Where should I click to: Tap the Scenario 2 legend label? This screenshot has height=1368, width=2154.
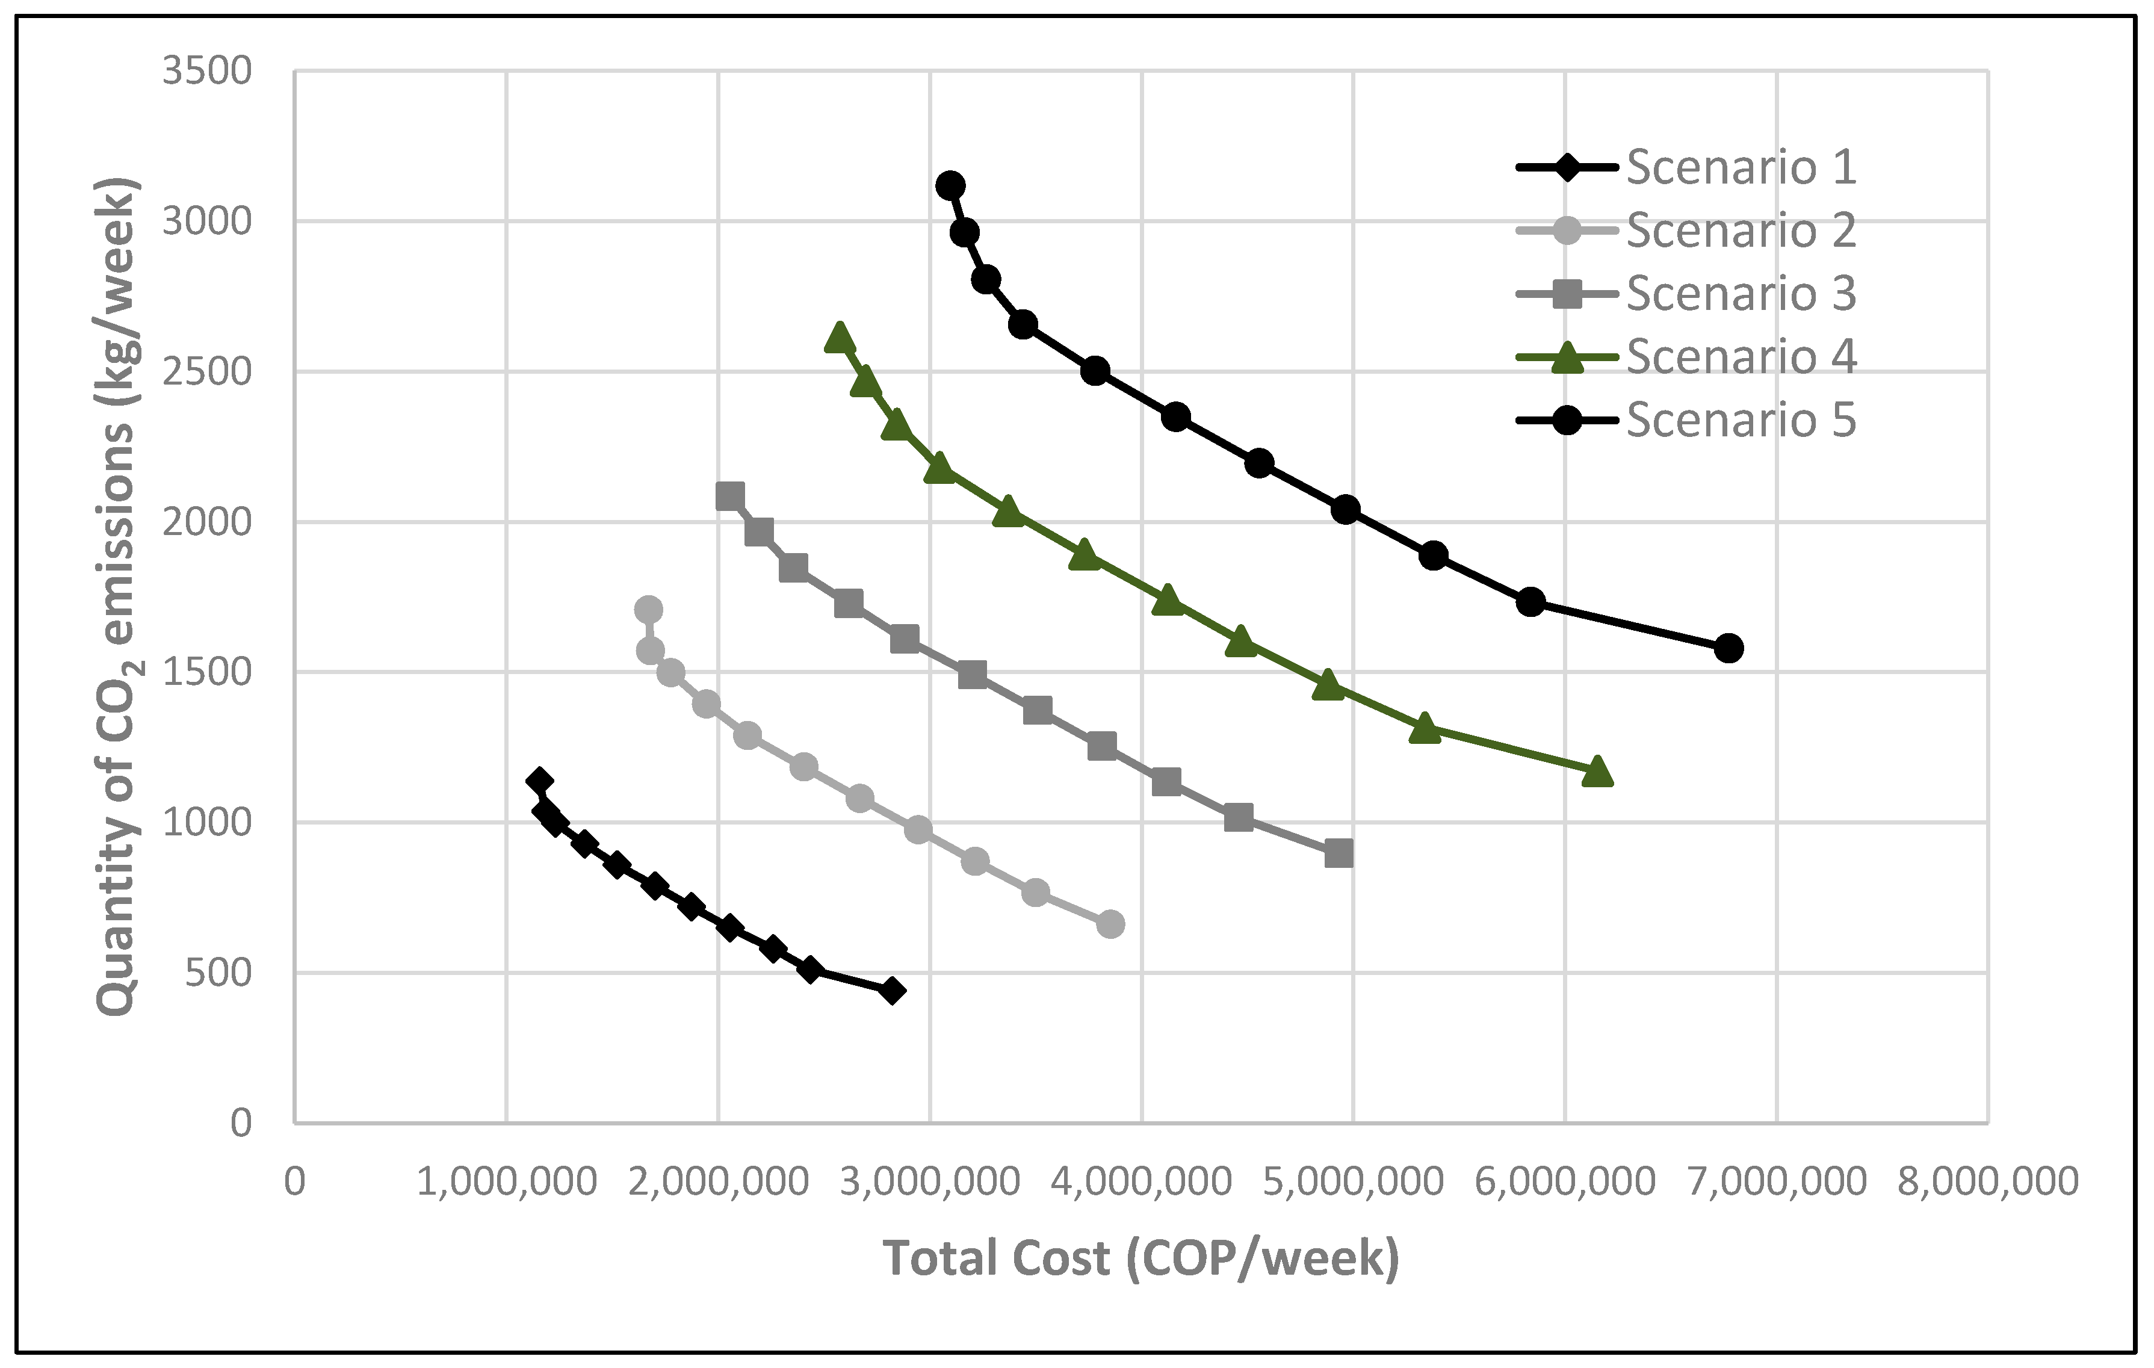click(1740, 231)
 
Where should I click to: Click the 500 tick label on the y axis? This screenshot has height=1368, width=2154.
click(218, 973)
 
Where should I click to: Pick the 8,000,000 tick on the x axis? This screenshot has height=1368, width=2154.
click(1988, 1182)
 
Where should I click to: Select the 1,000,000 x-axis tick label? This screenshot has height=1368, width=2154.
click(506, 1182)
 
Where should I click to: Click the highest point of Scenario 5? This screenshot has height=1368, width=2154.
click(950, 185)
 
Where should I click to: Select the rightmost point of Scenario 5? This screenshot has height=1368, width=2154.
click(1728, 648)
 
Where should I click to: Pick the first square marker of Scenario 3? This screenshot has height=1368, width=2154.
click(730, 497)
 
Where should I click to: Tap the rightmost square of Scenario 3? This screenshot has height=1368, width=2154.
click(1338, 853)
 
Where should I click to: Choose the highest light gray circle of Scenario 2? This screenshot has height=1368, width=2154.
click(649, 609)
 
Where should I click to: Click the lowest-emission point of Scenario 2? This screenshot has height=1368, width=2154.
click(1110, 924)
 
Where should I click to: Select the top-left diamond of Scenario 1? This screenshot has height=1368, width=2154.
click(539, 781)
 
